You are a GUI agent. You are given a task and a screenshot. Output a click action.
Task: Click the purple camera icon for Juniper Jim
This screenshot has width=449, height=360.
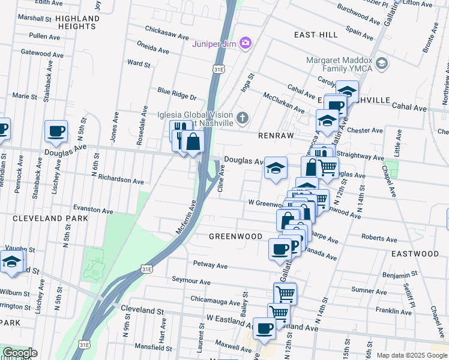point(245,43)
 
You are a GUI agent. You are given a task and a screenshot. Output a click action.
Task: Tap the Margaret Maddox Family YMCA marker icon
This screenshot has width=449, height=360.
point(381,63)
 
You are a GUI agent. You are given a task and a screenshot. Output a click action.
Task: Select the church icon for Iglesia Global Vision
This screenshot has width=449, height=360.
point(243,117)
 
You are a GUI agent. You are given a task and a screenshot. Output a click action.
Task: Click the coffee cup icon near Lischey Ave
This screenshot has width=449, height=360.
point(56,131)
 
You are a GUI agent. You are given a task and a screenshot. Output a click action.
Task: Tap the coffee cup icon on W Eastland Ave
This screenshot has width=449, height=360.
point(264,329)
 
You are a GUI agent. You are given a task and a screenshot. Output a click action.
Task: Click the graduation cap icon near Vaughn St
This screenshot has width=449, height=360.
point(11,262)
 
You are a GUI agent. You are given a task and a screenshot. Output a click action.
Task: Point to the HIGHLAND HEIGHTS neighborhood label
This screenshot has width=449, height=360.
point(77,23)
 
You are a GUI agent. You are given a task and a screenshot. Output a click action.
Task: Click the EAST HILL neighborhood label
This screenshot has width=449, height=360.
point(316,35)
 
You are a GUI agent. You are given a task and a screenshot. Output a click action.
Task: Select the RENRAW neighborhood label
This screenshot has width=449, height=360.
point(276,136)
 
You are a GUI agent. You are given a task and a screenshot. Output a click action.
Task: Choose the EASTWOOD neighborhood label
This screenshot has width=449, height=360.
point(415,254)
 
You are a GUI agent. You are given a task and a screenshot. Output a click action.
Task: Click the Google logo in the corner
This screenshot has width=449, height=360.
point(19,353)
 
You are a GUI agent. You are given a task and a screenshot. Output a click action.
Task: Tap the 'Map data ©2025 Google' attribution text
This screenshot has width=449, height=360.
point(411,355)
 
